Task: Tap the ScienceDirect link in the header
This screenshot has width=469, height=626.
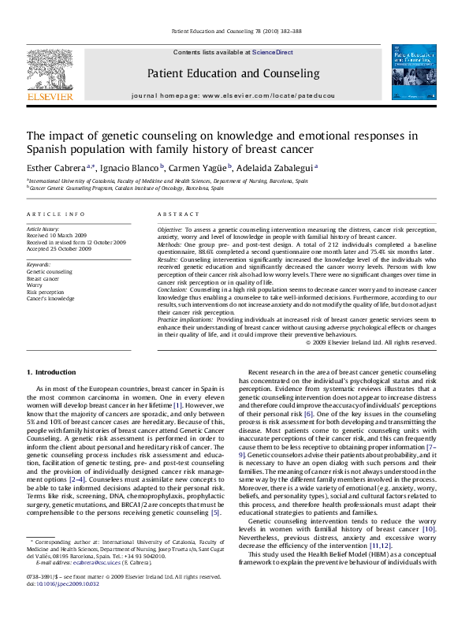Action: (274, 52)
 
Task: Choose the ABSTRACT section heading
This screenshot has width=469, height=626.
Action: (177, 214)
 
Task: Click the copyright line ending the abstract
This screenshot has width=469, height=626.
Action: (370, 342)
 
